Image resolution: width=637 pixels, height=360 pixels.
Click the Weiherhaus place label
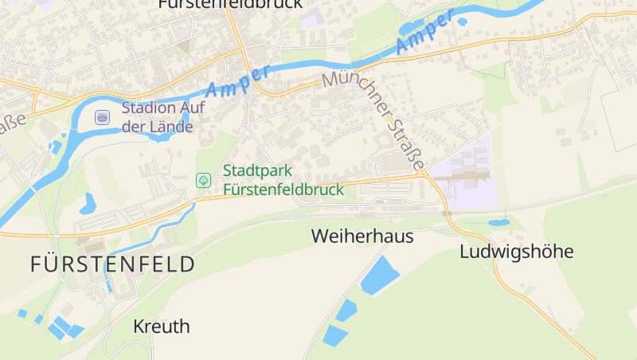coord(362,237)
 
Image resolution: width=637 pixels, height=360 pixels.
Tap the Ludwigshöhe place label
coord(516,252)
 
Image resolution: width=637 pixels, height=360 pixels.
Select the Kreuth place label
coord(162,327)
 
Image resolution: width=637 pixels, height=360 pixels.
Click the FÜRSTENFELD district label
coord(112,264)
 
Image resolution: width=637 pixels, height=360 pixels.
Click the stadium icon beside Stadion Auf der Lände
coord(102,117)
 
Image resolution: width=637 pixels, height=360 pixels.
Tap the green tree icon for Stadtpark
coord(204,180)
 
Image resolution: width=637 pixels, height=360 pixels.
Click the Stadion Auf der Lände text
coord(158,117)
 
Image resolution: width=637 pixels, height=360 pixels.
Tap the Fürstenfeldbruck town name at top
coord(230,4)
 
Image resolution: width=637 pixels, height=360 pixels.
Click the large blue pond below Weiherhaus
coord(380,276)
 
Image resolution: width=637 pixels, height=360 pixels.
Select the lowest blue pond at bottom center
coord(334,335)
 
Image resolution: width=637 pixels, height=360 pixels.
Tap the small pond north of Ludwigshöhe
coord(498,222)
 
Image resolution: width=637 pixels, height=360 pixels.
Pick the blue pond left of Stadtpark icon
coord(87,205)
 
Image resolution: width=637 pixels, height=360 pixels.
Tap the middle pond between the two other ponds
coord(346,310)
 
